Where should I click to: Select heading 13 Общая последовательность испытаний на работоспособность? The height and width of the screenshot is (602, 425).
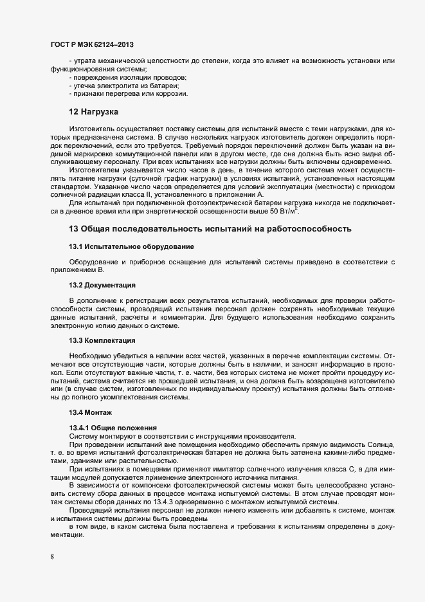(x=210, y=228)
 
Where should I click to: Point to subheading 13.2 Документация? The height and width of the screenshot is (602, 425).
(x=102, y=284)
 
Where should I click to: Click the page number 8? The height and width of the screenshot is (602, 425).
(x=52, y=556)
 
